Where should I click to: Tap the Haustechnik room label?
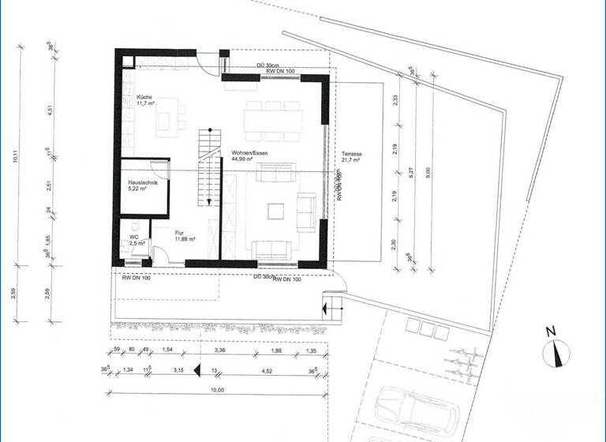143,183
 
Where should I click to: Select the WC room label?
134,236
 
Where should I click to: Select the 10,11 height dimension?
16,155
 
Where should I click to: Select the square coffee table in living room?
275,212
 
